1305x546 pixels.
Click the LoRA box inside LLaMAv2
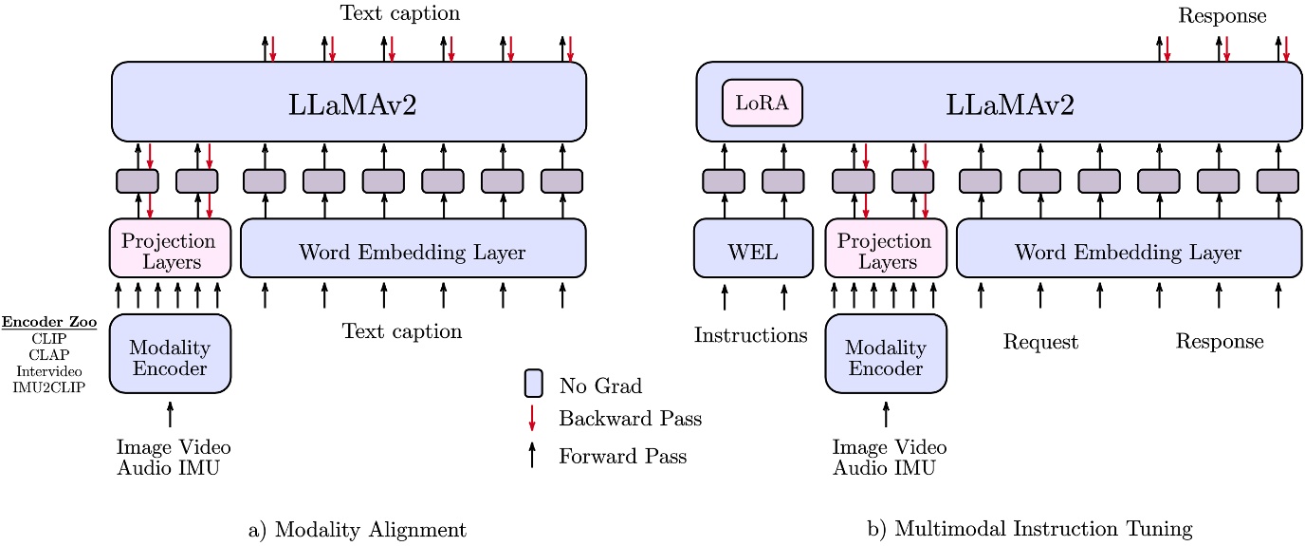763,103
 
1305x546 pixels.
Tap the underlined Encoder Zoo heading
47,322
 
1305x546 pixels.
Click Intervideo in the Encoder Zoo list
47,371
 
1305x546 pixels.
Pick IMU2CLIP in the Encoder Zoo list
47,387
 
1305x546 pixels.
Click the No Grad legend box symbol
533,385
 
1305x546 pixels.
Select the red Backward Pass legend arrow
533,418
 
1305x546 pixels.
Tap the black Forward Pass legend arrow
533,455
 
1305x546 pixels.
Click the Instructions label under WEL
751,335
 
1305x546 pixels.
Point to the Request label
1040,342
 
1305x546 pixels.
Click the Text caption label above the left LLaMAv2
399,13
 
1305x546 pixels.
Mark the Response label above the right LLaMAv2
1222,15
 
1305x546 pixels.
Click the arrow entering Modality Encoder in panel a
170,414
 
